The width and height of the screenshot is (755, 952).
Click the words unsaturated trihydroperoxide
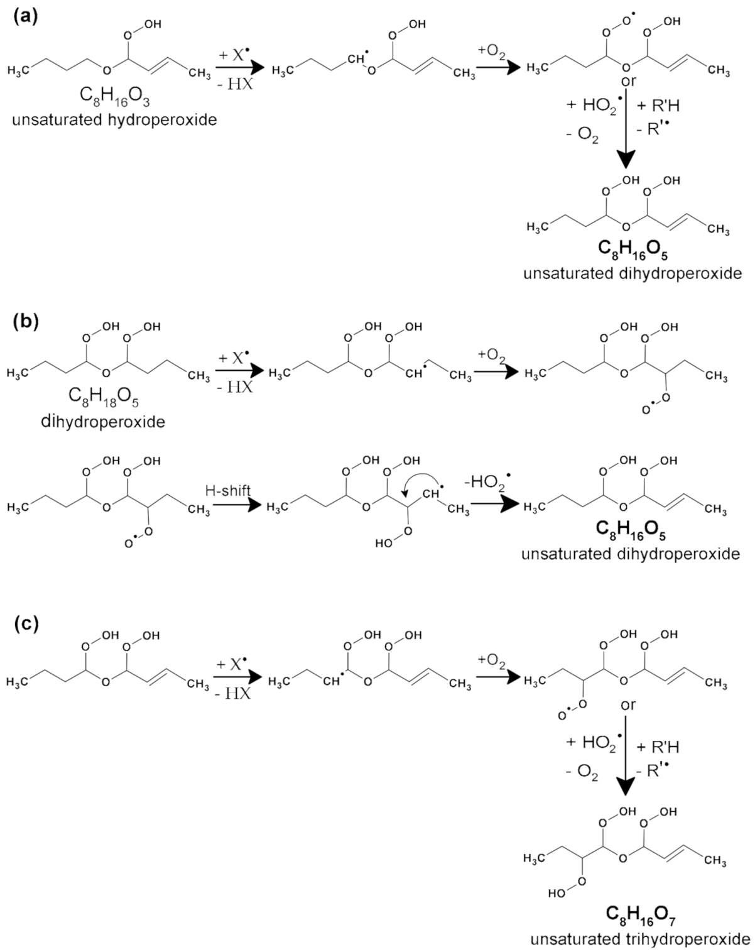639,939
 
